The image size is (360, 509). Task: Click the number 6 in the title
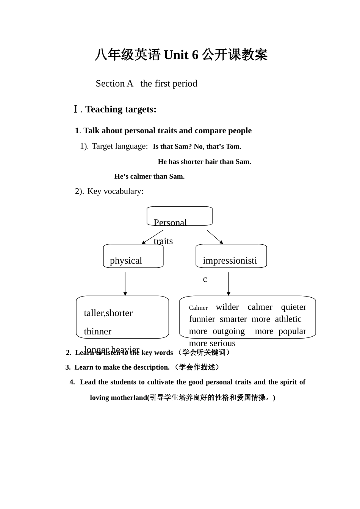(195, 55)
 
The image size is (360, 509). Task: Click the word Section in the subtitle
(110, 84)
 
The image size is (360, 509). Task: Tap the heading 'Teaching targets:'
(121, 109)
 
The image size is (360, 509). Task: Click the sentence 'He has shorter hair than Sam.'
(204, 162)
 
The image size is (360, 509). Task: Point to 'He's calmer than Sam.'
(149, 176)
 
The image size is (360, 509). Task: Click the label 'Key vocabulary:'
(115, 191)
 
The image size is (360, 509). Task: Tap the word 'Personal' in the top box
(170, 223)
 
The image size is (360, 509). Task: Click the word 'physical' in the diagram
(126, 261)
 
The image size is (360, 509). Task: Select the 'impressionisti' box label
(230, 261)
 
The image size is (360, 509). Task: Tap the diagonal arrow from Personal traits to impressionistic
(215, 237)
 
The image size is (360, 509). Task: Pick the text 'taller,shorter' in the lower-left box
(108, 313)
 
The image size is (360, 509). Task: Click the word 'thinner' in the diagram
(97, 332)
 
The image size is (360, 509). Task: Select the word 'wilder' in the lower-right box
(227, 307)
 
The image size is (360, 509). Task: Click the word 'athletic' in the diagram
(288, 319)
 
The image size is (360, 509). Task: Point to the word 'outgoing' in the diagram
(229, 331)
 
